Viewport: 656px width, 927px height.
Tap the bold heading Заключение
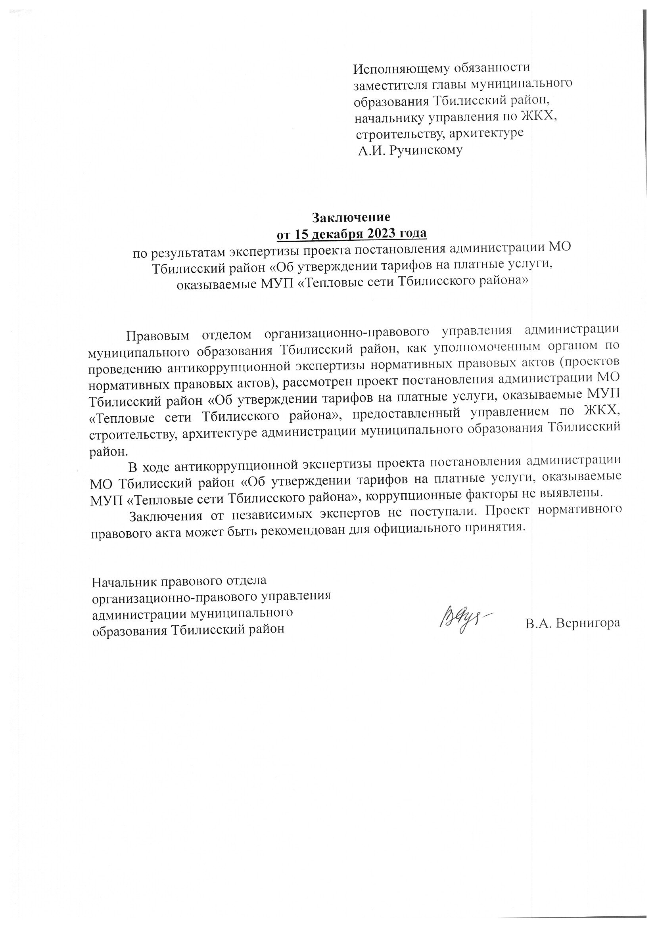pos(351,217)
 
